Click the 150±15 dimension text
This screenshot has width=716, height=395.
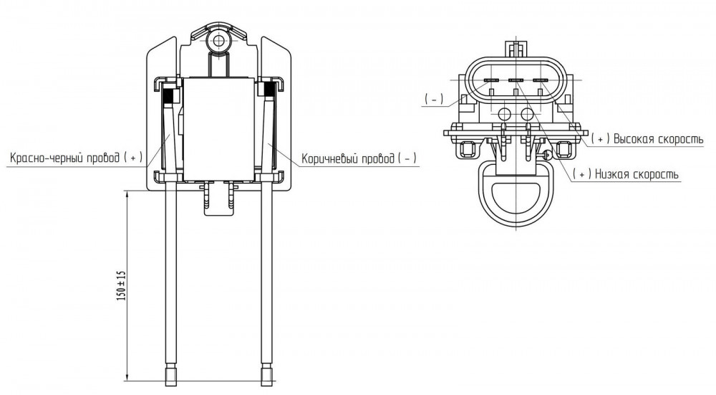pos(121,286)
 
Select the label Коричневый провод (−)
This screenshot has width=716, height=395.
pos(359,158)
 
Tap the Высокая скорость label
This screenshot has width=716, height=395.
pos(647,139)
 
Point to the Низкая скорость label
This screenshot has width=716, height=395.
pos(625,174)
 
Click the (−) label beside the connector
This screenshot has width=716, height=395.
pos(434,99)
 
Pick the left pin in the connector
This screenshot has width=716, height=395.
pos(491,80)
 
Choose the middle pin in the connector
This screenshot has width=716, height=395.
pos(516,80)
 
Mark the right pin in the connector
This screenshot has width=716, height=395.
pos(540,80)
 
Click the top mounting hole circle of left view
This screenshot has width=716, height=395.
pos(219,41)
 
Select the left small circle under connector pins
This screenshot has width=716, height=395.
pos(504,114)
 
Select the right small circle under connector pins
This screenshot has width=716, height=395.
pos(528,114)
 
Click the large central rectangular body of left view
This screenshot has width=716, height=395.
pos(218,129)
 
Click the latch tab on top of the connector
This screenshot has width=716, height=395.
pos(516,49)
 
